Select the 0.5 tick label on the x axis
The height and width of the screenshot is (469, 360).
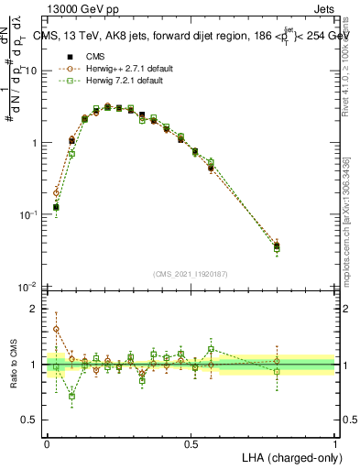(x=191, y=443)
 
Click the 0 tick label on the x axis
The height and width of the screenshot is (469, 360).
(x=47, y=443)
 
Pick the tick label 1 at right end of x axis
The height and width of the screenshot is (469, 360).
(x=334, y=443)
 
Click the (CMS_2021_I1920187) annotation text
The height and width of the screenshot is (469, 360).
(x=191, y=274)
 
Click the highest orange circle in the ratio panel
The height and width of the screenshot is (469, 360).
(x=56, y=329)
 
